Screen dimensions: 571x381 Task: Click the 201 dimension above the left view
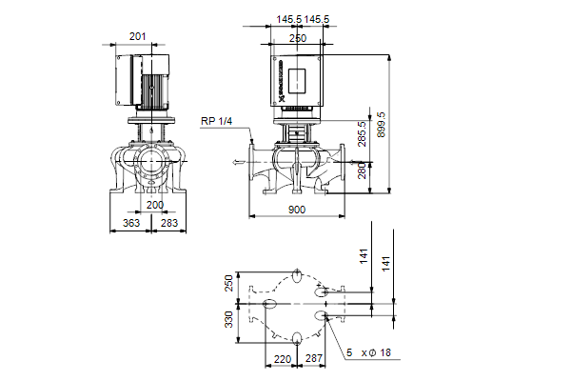(138, 36)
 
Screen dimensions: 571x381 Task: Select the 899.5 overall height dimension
(381, 125)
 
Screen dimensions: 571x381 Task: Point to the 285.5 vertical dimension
(362, 133)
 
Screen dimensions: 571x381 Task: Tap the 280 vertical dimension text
(362, 170)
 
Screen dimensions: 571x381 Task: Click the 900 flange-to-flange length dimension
(297, 210)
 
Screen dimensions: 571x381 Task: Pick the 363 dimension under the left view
(131, 223)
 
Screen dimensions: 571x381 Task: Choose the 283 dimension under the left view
(169, 223)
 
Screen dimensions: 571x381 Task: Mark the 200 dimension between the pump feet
(155, 205)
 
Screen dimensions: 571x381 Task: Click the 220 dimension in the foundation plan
(283, 359)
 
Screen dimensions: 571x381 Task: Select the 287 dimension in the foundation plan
(314, 358)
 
